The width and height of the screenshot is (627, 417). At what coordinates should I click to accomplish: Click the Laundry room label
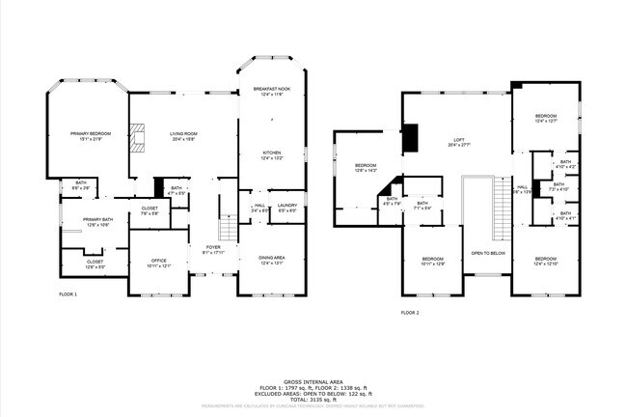[x=286, y=207]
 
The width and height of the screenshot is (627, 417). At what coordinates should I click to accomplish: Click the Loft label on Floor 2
[x=459, y=142]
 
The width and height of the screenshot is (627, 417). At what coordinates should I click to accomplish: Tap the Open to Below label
[x=488, y=253]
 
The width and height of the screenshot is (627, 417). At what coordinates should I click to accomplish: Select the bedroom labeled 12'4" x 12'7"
[x=546, y=118]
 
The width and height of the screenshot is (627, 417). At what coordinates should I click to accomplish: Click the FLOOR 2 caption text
[x=412, y=313]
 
